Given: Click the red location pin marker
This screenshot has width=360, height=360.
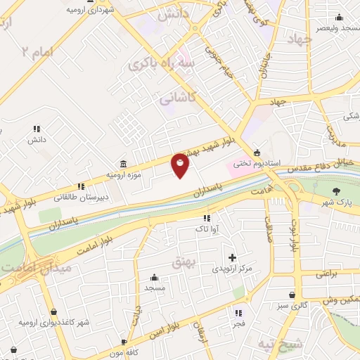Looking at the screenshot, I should pos(180,165).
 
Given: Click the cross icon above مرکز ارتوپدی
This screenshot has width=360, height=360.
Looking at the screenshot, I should pos(232,258).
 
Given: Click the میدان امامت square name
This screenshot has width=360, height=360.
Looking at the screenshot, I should pos(25,269).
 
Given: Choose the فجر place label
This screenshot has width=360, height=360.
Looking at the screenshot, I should pos(239,323).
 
